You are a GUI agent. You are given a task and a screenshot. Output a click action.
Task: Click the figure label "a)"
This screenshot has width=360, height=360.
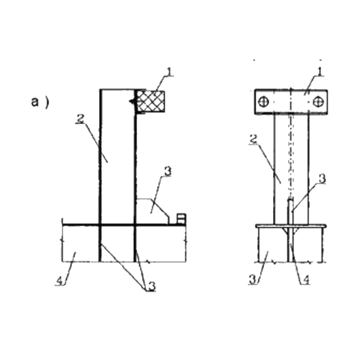pyautogui.click(x=40, y=102)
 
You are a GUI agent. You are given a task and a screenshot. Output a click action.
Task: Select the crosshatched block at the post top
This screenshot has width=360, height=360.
pyautogui.click(x=151, y=101)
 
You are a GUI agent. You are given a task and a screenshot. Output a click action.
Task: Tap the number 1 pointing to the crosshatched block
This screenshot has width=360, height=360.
pyautogui.click(x=170, y=72)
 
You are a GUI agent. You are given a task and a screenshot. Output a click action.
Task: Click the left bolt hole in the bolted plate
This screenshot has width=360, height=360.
pyautogui.click(x=263, y=101)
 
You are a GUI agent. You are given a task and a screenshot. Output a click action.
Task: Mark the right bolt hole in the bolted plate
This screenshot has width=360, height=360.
pyautogui.click(x=318, y=101)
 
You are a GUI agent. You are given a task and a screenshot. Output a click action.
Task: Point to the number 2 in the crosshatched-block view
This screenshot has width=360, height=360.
pyautogui.click(x=81, y=119)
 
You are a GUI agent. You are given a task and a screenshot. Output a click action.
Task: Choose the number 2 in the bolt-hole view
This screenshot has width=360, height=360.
pyautogui.click(x=253, y=140)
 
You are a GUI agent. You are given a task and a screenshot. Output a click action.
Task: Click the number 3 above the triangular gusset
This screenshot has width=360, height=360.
pyautogui.click(x=168, y=171)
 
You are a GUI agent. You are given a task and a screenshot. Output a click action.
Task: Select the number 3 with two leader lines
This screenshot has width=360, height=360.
pyautogui.click(x=152, y=286)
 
